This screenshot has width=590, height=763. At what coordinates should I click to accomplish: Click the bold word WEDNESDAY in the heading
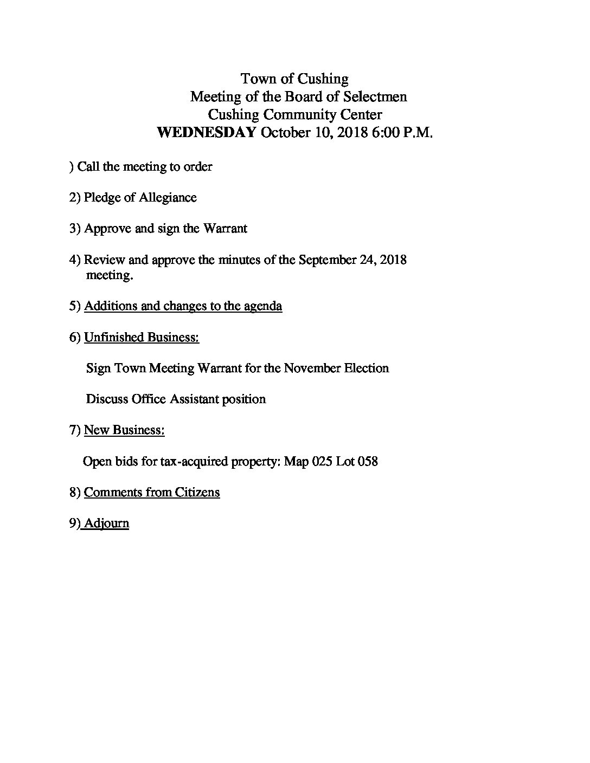pos(206,133)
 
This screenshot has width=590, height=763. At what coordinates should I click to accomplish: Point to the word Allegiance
pos(168,198)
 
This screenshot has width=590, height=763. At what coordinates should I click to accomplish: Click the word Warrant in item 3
pos(225,229)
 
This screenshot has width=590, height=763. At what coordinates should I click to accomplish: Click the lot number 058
pos(367,462)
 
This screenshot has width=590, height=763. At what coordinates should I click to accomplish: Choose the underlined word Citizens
pos(197,493)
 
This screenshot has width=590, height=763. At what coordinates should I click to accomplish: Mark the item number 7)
pos(75,430)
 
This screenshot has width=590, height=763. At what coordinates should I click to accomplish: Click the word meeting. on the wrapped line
pos(110,275)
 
